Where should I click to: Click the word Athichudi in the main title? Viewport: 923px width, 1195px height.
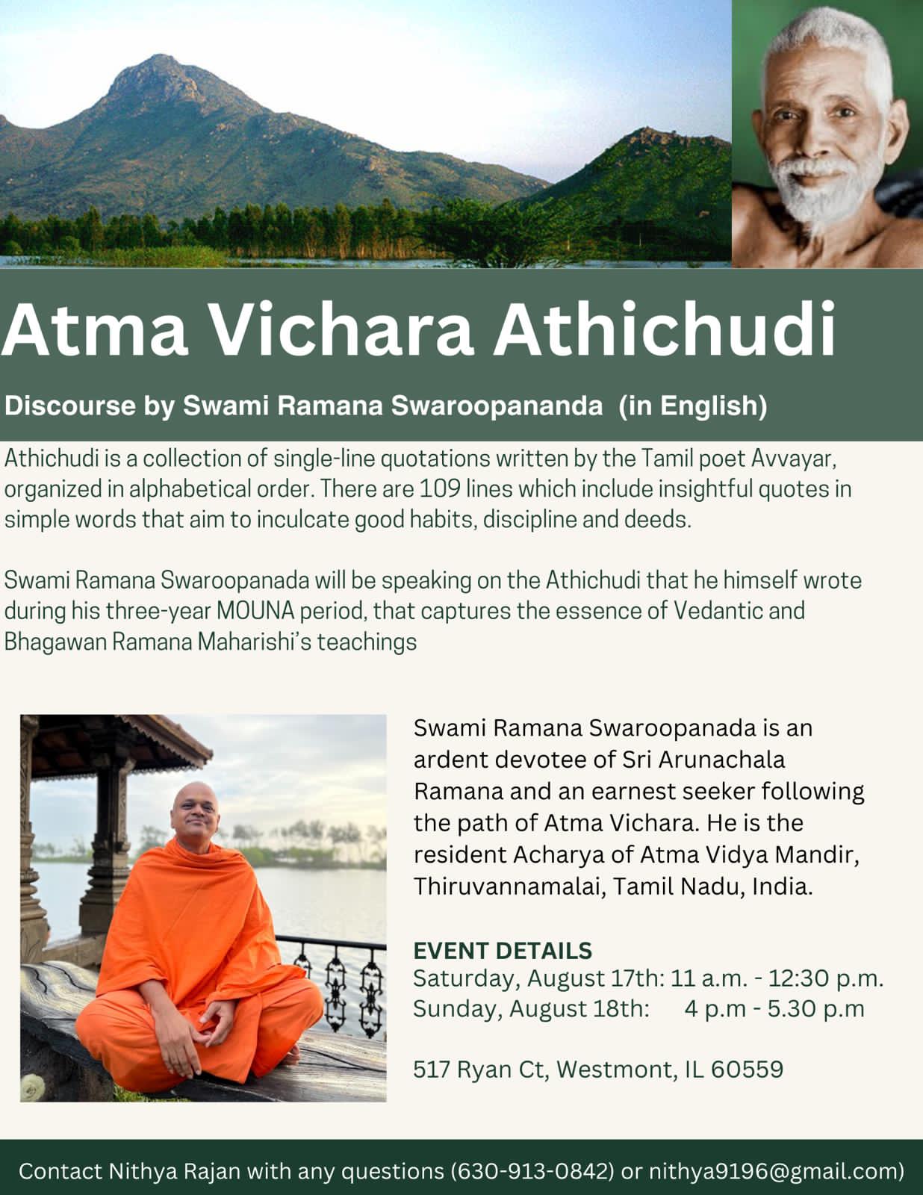pyautogui.click(x=665, y=329)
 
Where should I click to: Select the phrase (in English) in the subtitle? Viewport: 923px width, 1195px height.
pyautogui.click(x=693, y=406)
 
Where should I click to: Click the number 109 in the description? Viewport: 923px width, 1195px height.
pyautogui.click(x=439, y=488)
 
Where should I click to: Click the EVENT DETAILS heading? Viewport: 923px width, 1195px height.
pyautogui.click(x=503, y=950)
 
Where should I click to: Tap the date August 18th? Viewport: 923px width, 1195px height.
pyautogui.click(x=579, y=1009)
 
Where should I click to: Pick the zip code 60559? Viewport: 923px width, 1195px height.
pyautogui.click(x=747, y=1069)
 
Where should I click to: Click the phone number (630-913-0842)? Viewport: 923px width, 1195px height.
pyautogui.click(x=532, y=1171)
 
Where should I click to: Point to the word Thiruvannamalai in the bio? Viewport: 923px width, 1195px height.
pyautogui.click(x=509, y=887)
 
